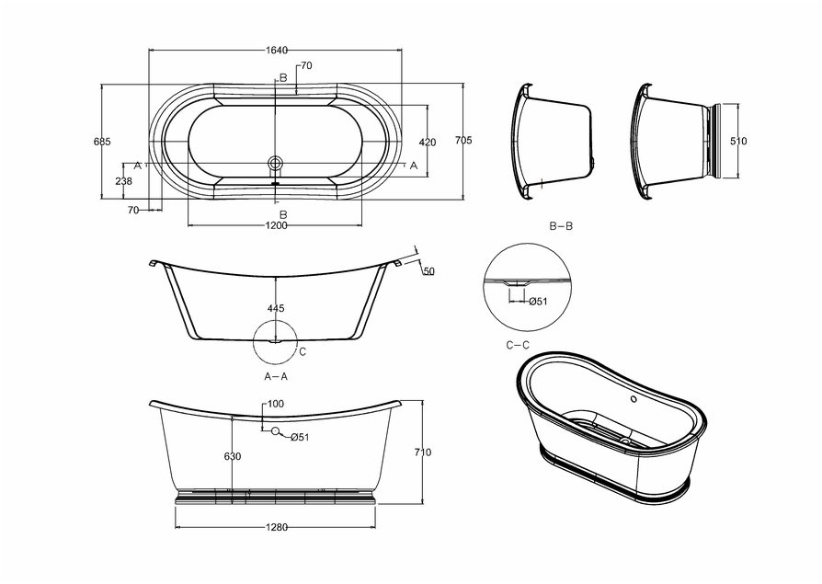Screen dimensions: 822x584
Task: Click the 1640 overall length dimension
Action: click(x=277, y=51)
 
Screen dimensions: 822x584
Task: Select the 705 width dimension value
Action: click(x=463, y=141)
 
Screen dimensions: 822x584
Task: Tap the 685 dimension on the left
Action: click(x=102, y=142)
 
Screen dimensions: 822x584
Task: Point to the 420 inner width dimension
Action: click(x=428, y=142)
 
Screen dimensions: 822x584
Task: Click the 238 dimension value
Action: click(x=124, y=181)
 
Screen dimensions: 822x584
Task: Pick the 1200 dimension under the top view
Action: click(x=276, y=225)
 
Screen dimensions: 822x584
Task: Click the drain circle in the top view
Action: click(x=275, y=162)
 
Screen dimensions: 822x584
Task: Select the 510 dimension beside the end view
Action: click(x=738, y=141)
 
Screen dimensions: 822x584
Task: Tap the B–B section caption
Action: click(x=561, y=226)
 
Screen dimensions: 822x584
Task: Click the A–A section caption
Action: click(x=276, y=376)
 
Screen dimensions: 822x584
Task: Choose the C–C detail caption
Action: click(x=518, y=345)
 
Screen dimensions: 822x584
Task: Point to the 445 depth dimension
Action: click(x=276, y=308)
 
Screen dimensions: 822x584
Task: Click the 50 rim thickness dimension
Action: click(x=429, y=271)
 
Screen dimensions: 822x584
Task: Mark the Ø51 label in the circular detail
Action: click(x=538, y=302)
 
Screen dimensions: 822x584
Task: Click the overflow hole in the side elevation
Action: click(x=274, y=431)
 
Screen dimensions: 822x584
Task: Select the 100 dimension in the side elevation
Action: click(x=276, y=404)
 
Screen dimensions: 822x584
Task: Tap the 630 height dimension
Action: click(x=233, y=456)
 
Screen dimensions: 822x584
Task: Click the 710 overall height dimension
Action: click(x=422, y=452)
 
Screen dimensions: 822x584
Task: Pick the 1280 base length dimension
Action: click(x=276, y=527)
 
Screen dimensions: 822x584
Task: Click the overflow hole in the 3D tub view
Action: click(x=634, y=399)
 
